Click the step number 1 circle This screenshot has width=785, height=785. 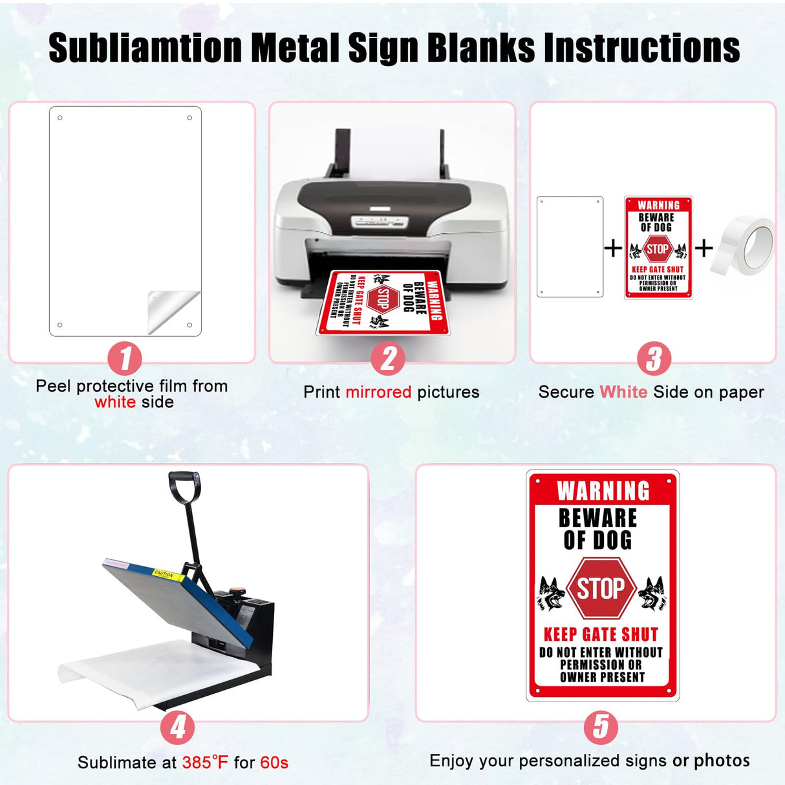click(x=124, y=358)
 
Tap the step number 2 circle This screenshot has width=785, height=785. click(x=388, y=358)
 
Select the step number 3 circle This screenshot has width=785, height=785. click(x=654, y=358)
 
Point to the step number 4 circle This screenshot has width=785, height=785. click(x=178, y=727)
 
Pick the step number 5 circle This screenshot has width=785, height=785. click(x=601, y=727)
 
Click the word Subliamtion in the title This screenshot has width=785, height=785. click(x=145, y=48)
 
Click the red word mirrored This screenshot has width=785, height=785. click(x=378, y=392)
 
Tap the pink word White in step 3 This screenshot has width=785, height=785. click(x=623, y=392)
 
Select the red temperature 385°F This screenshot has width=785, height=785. click(x=205, y=762)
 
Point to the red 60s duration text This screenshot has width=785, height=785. click(x=274, y=762)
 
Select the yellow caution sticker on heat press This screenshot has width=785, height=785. click(x=164, y=574)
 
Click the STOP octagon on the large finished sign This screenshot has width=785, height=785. click(x=600, y=588)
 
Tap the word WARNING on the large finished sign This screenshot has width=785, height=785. click(x=603, y=491)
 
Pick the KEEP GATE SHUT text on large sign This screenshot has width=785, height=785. click(x=601, y=634)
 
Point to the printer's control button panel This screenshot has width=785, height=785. click(x=380, y=222)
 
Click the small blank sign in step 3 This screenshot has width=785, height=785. click(x=570, y=247)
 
